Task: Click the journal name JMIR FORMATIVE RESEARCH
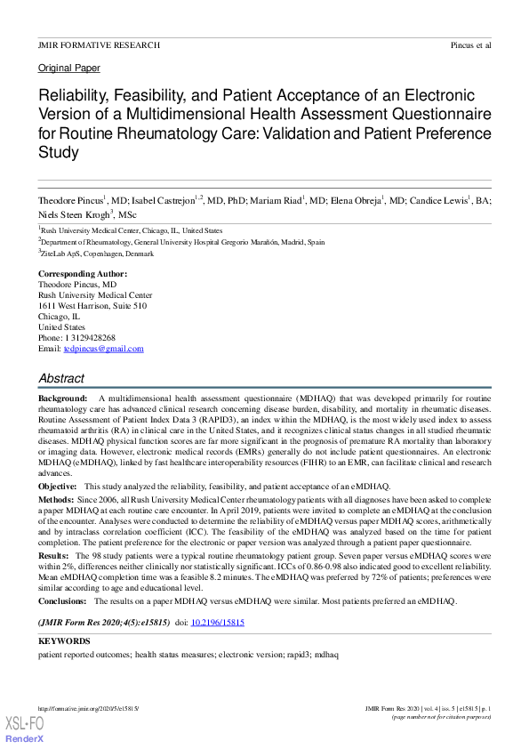99,44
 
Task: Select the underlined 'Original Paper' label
69,68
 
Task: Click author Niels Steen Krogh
76,214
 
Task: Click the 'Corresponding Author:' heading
83,273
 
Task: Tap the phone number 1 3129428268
90,338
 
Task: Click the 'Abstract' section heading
61,378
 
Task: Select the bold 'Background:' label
62,398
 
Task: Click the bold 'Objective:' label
58,487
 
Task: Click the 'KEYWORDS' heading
64,640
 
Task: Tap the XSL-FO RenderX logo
24,729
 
